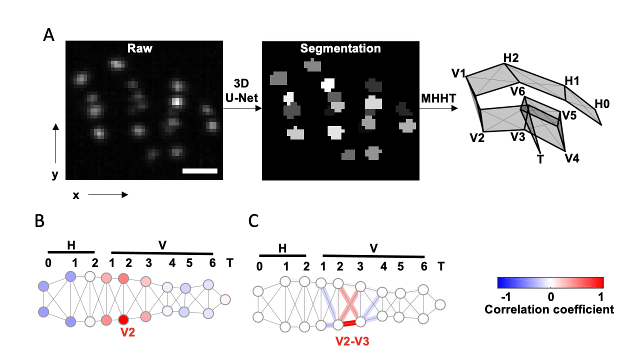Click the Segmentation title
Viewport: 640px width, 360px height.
click(340, 49)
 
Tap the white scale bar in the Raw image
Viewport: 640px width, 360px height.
click(200, 171)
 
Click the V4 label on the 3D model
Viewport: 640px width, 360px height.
click(572, 158)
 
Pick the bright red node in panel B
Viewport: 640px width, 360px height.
click(123, 319)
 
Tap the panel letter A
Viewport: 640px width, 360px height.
click(49, 35)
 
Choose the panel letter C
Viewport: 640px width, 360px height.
click(253, 221)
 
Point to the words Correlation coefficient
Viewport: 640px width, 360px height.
click(549, 309)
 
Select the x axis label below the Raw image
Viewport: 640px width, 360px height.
click(76, 195)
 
